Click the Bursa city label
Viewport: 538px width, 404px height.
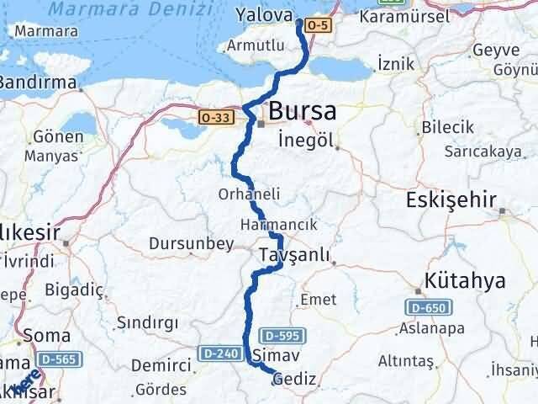303,111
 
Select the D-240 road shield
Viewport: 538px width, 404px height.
215,351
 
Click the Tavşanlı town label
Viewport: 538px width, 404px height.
293,254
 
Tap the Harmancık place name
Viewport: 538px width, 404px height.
278,225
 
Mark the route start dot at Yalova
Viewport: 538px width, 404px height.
299,24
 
